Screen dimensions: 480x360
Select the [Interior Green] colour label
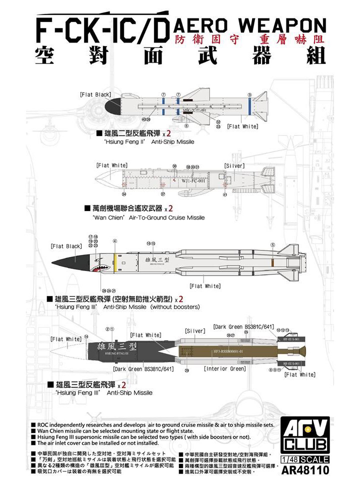point(225,368)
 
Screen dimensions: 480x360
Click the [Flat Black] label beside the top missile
point(95,94)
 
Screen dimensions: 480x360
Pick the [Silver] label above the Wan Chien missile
point(234,165)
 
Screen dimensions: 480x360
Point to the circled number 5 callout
point(272,244)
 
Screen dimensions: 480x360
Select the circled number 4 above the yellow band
point(115,241)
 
